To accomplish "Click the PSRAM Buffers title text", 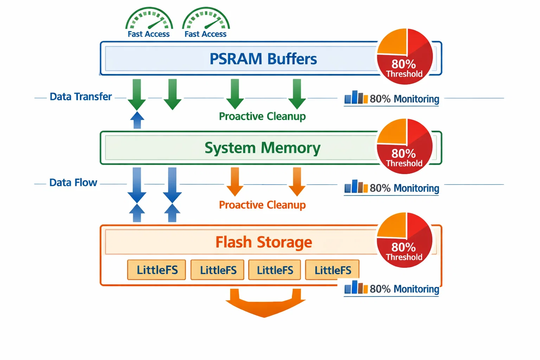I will pos(263,59).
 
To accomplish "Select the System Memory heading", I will pos(262,148).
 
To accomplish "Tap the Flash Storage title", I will pos(264,242).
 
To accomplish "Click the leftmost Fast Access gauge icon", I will pos(149,19).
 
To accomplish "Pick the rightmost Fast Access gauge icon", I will pos(206,19).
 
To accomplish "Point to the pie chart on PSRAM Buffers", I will pos(405,57).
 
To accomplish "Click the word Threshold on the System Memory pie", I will pos(404,163).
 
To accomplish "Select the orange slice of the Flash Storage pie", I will pos(393,227).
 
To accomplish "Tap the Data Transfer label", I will pos(81,97).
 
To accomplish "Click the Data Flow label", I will pos(73,183).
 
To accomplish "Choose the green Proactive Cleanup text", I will pos(262,116).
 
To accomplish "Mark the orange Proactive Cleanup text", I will pos(262,205).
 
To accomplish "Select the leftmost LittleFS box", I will pos(157,270).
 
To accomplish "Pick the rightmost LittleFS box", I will pos(333,270).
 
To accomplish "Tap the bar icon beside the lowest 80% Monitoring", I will pos(356,287).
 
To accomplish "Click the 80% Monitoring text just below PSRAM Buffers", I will pos(404,99).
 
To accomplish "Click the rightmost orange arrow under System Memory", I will pos(297,181).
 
